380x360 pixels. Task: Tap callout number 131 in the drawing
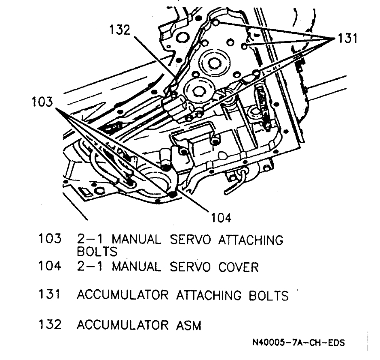point(346,39)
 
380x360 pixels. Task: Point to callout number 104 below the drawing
point(221,218)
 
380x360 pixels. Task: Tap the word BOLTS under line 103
point(97,252)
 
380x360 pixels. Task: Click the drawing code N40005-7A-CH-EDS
point(299,343)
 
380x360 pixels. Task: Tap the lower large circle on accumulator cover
point(198,91)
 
